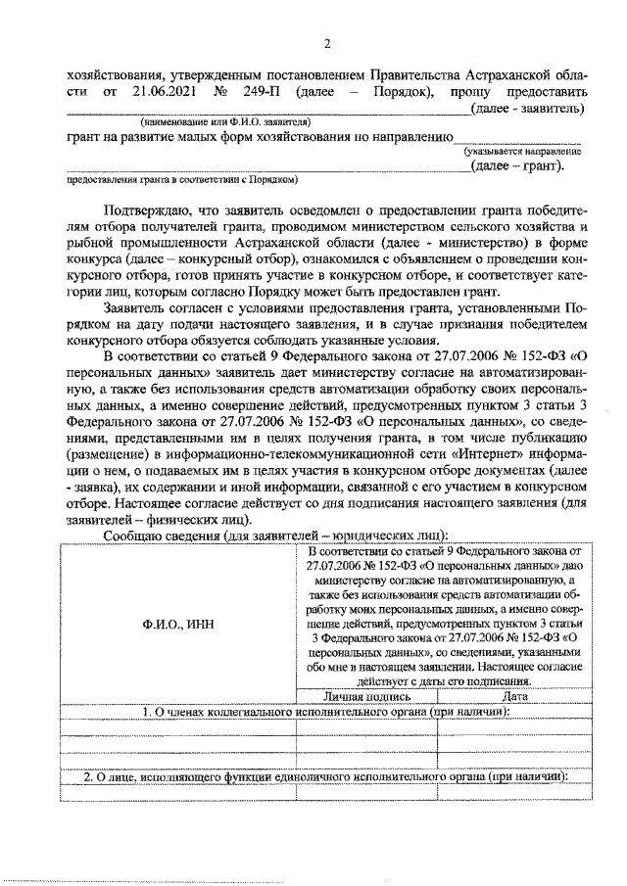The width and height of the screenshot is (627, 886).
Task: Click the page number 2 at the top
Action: coord(328,43)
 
